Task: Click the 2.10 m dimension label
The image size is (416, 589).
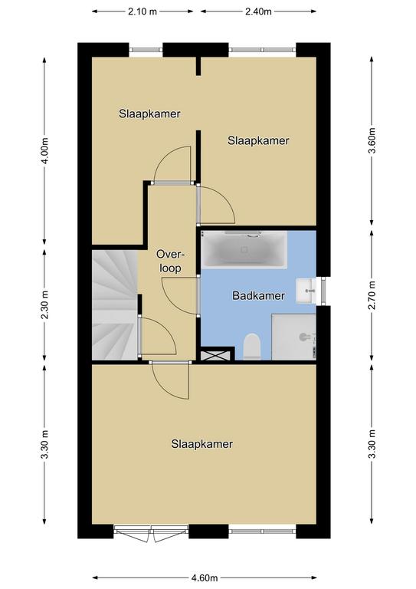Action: point(142,12)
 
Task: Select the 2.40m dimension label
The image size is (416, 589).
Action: point(258,12)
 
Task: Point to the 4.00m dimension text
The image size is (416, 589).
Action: point(44,150)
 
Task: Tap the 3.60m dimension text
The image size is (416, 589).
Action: point(372,141)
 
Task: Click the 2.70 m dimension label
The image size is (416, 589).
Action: point(372,295)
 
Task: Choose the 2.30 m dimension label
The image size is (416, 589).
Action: point(44,305)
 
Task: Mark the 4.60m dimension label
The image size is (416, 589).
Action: point(205,577)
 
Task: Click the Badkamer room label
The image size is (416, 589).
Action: point(258,295)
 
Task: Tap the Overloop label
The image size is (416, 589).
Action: point(171,261)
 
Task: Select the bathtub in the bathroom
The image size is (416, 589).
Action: point(244,250)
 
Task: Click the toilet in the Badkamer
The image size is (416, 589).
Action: point(252,346)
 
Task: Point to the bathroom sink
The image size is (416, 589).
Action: point(306,291)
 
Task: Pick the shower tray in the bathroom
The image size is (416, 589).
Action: point(293,337)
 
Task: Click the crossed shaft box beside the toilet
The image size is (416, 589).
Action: point(216,355)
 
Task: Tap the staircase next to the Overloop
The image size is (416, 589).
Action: point(115,305)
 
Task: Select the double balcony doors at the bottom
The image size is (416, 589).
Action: point(151,534)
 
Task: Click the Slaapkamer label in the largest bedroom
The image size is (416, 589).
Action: point(201,444)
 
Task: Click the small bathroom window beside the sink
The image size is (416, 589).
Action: point(323,291)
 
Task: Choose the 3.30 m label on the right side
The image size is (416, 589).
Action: point(372,444)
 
